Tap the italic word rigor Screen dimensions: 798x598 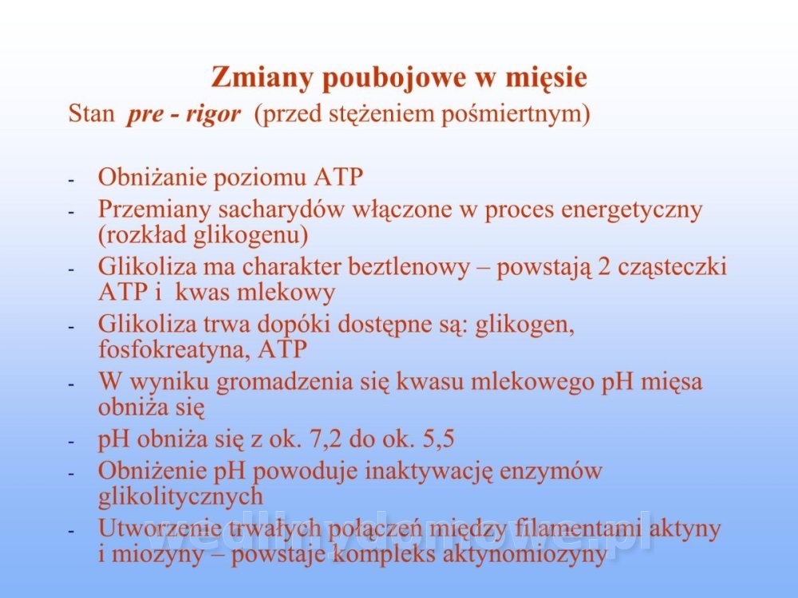(x=213, y=114)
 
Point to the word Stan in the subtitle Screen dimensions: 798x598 (x=92, y=113)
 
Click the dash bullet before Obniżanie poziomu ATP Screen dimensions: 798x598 (x=72, y=180)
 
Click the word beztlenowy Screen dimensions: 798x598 (x=409, y=267)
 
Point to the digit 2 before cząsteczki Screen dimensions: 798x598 (x=604, y=267)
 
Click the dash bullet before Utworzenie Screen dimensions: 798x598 (x=72, y=531)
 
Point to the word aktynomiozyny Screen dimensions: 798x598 (x=525, y=554)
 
